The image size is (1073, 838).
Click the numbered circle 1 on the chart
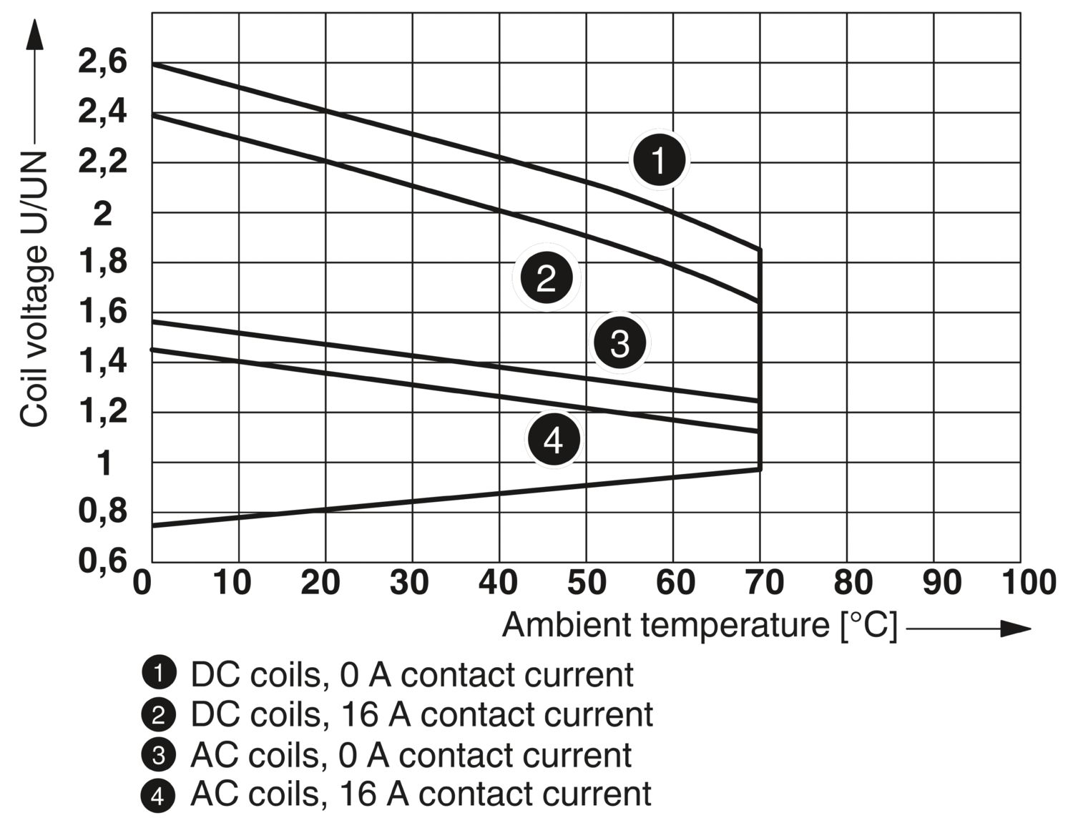click(659, 160)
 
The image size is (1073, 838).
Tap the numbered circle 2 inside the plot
click(547, 277)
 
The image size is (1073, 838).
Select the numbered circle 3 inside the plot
click(619, 342)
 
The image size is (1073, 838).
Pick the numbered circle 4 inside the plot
click(554, 439)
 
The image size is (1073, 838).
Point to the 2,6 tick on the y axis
click(103, 62)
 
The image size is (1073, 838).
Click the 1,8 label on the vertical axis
click(103, 262)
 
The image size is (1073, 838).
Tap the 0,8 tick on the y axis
click(103, 512)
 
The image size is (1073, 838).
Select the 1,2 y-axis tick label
click(103, 412)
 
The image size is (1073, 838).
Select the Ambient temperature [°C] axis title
click(700, 625)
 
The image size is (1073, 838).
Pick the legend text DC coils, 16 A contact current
click(422, 714)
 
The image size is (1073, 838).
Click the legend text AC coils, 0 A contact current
click(411, 755)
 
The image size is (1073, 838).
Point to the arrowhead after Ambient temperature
click(1016, 628)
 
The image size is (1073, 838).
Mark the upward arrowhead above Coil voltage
click(34, 34)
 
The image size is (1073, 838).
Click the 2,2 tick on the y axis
click(103, 162)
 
